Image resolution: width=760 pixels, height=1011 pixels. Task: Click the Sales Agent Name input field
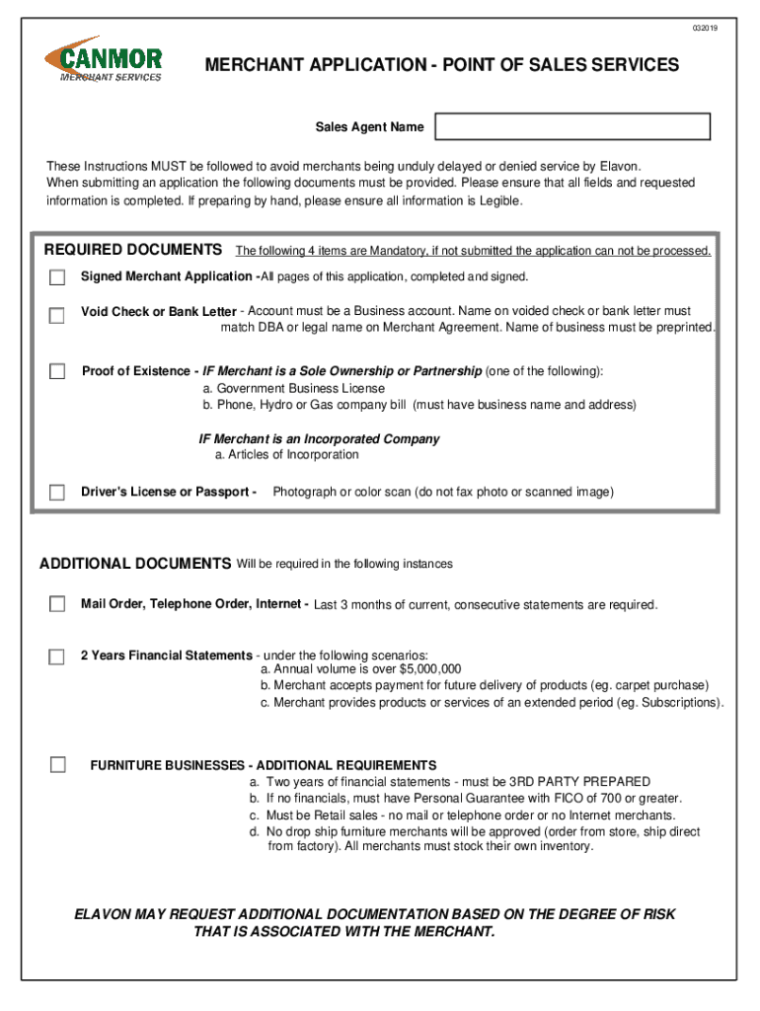pyautogui.click(x=572, y=126)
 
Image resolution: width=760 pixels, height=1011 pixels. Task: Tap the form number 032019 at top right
pyautogui.click(x=705, y=28)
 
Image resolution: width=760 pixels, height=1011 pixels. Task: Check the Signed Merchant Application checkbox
pyautogui.click(x=57, y=277)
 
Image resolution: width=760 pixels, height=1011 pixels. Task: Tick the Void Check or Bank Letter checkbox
pyautogui.click(x=57, y=316)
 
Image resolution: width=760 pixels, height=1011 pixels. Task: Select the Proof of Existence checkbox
pyautogui.click(x=57, y=372)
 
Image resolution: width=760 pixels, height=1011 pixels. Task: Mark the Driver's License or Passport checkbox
pyautogui.click(x=57, y=493)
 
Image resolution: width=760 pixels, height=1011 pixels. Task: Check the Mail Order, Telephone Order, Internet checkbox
pyautogui.click(x=57, y=603)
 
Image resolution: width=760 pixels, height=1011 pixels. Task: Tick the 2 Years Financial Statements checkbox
pyautogui.click(x=57, y=657)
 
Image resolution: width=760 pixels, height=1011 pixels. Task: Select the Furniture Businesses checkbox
pyautogui.click(x=57, y=764)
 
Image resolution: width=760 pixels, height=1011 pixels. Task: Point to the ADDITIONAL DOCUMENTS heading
pyautogui.click(x=134, y=564)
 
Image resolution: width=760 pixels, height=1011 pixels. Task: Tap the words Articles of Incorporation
pyautogui.click(x=293, y=455)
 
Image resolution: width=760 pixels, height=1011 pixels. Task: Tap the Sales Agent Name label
pyautogui.click(x=369, y=127)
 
